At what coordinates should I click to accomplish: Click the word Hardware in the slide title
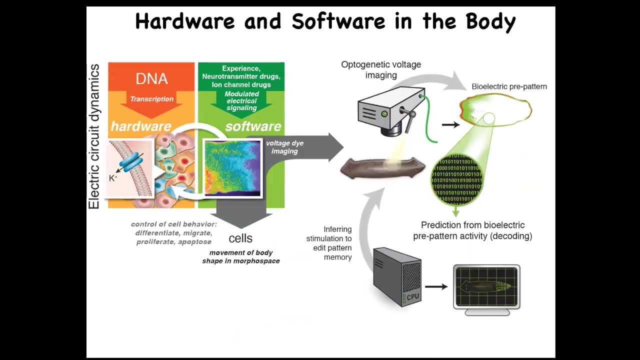pos(184,21)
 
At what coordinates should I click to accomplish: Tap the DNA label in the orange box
pos(151,79)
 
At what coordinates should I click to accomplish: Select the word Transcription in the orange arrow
pos(151,99)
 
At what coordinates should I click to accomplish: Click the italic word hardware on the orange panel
pos(140,126)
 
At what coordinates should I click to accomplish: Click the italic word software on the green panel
pos(253,126)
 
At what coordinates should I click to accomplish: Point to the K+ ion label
pos(113,177)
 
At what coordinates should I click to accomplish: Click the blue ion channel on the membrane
pos(131,163)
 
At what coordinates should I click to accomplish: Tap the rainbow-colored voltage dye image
pos(232,168)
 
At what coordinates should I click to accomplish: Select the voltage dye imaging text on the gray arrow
pos(284,147)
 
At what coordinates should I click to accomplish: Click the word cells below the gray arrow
pos(240,238)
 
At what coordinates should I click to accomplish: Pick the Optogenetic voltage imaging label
pos(381,70)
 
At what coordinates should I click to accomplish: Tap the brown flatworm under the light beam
pos(382,168)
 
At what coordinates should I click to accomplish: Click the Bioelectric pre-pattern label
pos(509,86)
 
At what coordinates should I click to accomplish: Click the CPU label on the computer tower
pos(413,297)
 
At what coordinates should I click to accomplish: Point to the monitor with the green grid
pos(486,288)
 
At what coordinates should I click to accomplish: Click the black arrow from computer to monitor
pos(436,287)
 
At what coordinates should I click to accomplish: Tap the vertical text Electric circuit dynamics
pos(94,136)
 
